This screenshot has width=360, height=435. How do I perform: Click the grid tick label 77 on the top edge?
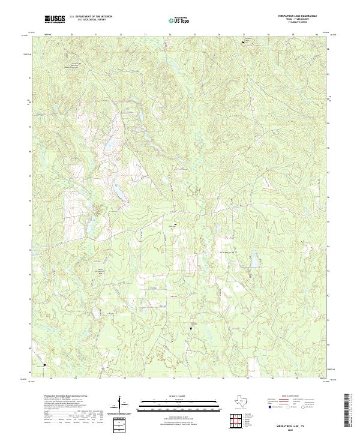tap(244, 34)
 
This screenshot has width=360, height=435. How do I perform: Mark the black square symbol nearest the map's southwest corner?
tap(44, 365)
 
